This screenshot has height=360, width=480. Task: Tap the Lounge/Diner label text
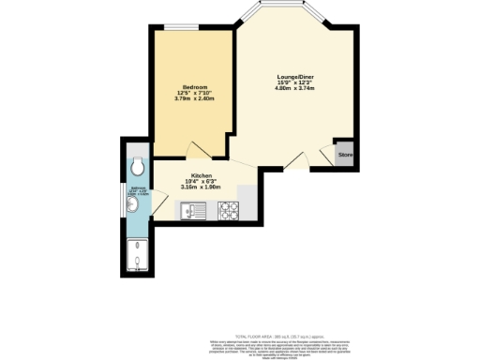294,76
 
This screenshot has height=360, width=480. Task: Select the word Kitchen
201,175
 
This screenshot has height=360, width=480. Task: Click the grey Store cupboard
344,154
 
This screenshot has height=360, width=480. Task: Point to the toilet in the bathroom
138,167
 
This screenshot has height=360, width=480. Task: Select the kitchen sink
194,211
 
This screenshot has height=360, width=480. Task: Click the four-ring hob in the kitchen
229,212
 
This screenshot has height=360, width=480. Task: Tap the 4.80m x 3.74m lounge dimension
294,89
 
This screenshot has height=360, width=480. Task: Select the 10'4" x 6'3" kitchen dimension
201,181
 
